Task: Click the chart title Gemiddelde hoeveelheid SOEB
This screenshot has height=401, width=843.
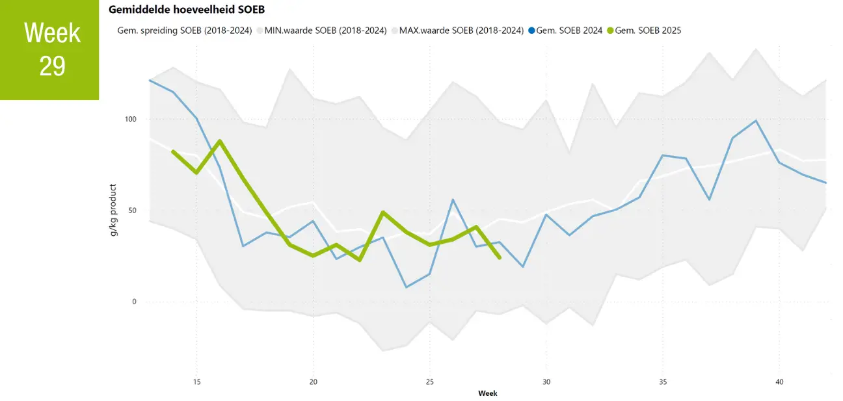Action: (186, 10)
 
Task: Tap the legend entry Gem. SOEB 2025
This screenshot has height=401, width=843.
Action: (643, 30)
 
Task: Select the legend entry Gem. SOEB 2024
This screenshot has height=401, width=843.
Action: (565, 30)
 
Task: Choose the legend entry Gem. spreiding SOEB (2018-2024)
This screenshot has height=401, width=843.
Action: (184, 30)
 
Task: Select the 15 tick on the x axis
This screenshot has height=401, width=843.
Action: (196, 382)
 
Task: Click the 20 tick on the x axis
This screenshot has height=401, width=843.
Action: (313, 382)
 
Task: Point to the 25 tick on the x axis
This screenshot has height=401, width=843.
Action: (429, 382)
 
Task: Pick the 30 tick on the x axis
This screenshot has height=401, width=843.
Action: (546, 382)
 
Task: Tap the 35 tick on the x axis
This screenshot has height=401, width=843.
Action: (662, 382)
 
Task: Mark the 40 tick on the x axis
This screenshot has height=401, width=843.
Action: (779, 382)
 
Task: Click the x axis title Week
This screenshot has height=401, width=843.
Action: (488, 393)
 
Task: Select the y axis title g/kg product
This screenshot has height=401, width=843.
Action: (114, 210)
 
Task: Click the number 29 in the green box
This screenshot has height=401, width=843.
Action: (52, 66)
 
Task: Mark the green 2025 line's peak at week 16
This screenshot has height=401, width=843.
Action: (220, 141)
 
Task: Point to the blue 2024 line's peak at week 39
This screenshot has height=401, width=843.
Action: (756, 121)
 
